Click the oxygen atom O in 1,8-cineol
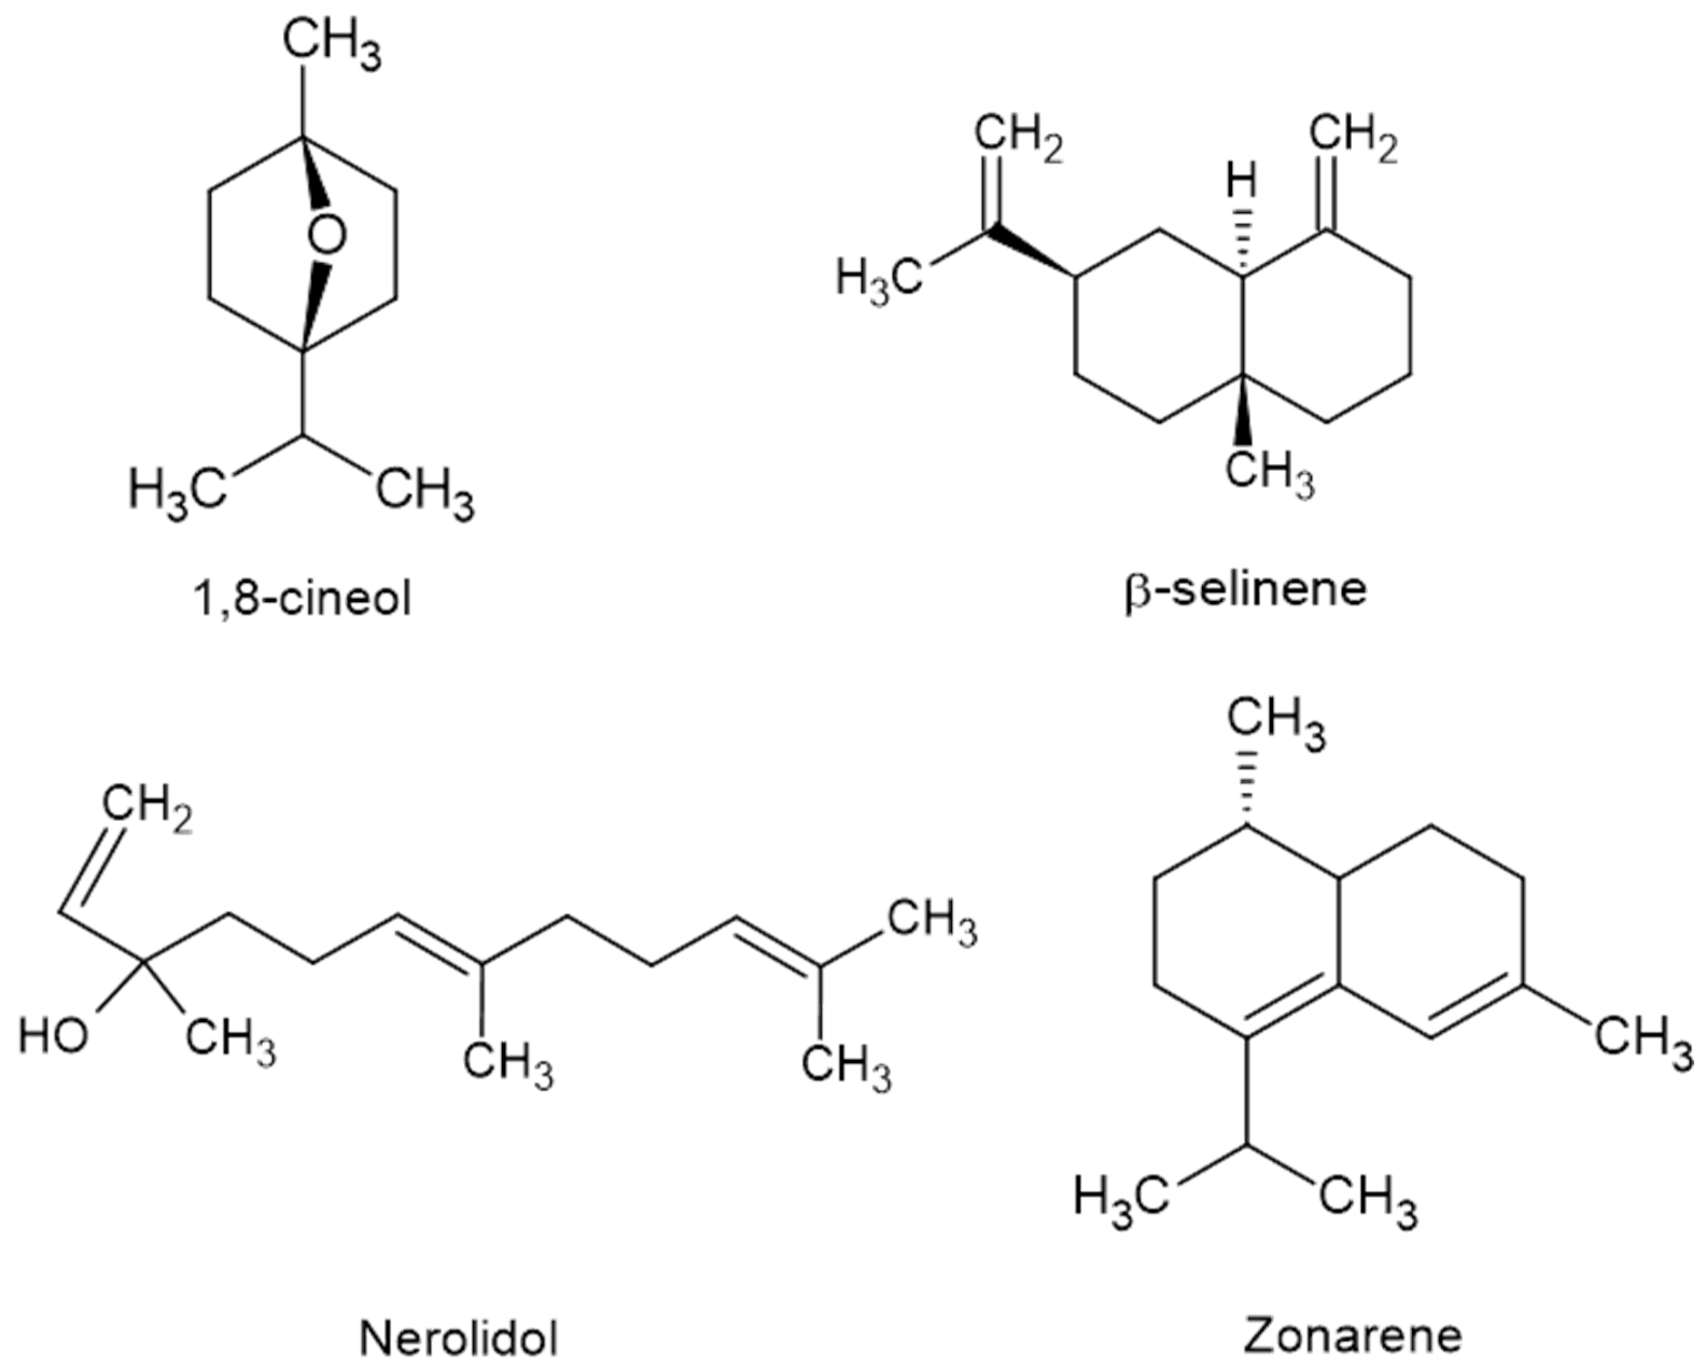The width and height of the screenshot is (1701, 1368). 326,235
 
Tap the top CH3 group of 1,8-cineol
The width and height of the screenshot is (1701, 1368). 331,47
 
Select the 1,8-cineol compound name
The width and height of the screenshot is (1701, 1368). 302,599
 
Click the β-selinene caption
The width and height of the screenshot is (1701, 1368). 1245,590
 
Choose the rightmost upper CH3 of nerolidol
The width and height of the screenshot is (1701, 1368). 933,922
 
